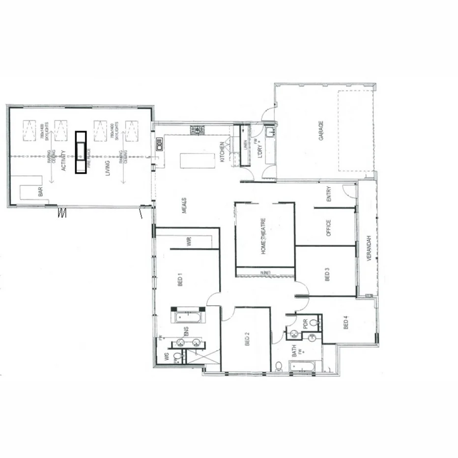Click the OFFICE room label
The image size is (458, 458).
[329, 228]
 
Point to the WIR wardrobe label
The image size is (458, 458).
[188, 242]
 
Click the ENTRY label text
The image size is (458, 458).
[329, 194]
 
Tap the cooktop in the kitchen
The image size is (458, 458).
[198, 130]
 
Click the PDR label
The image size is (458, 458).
[305, 324]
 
